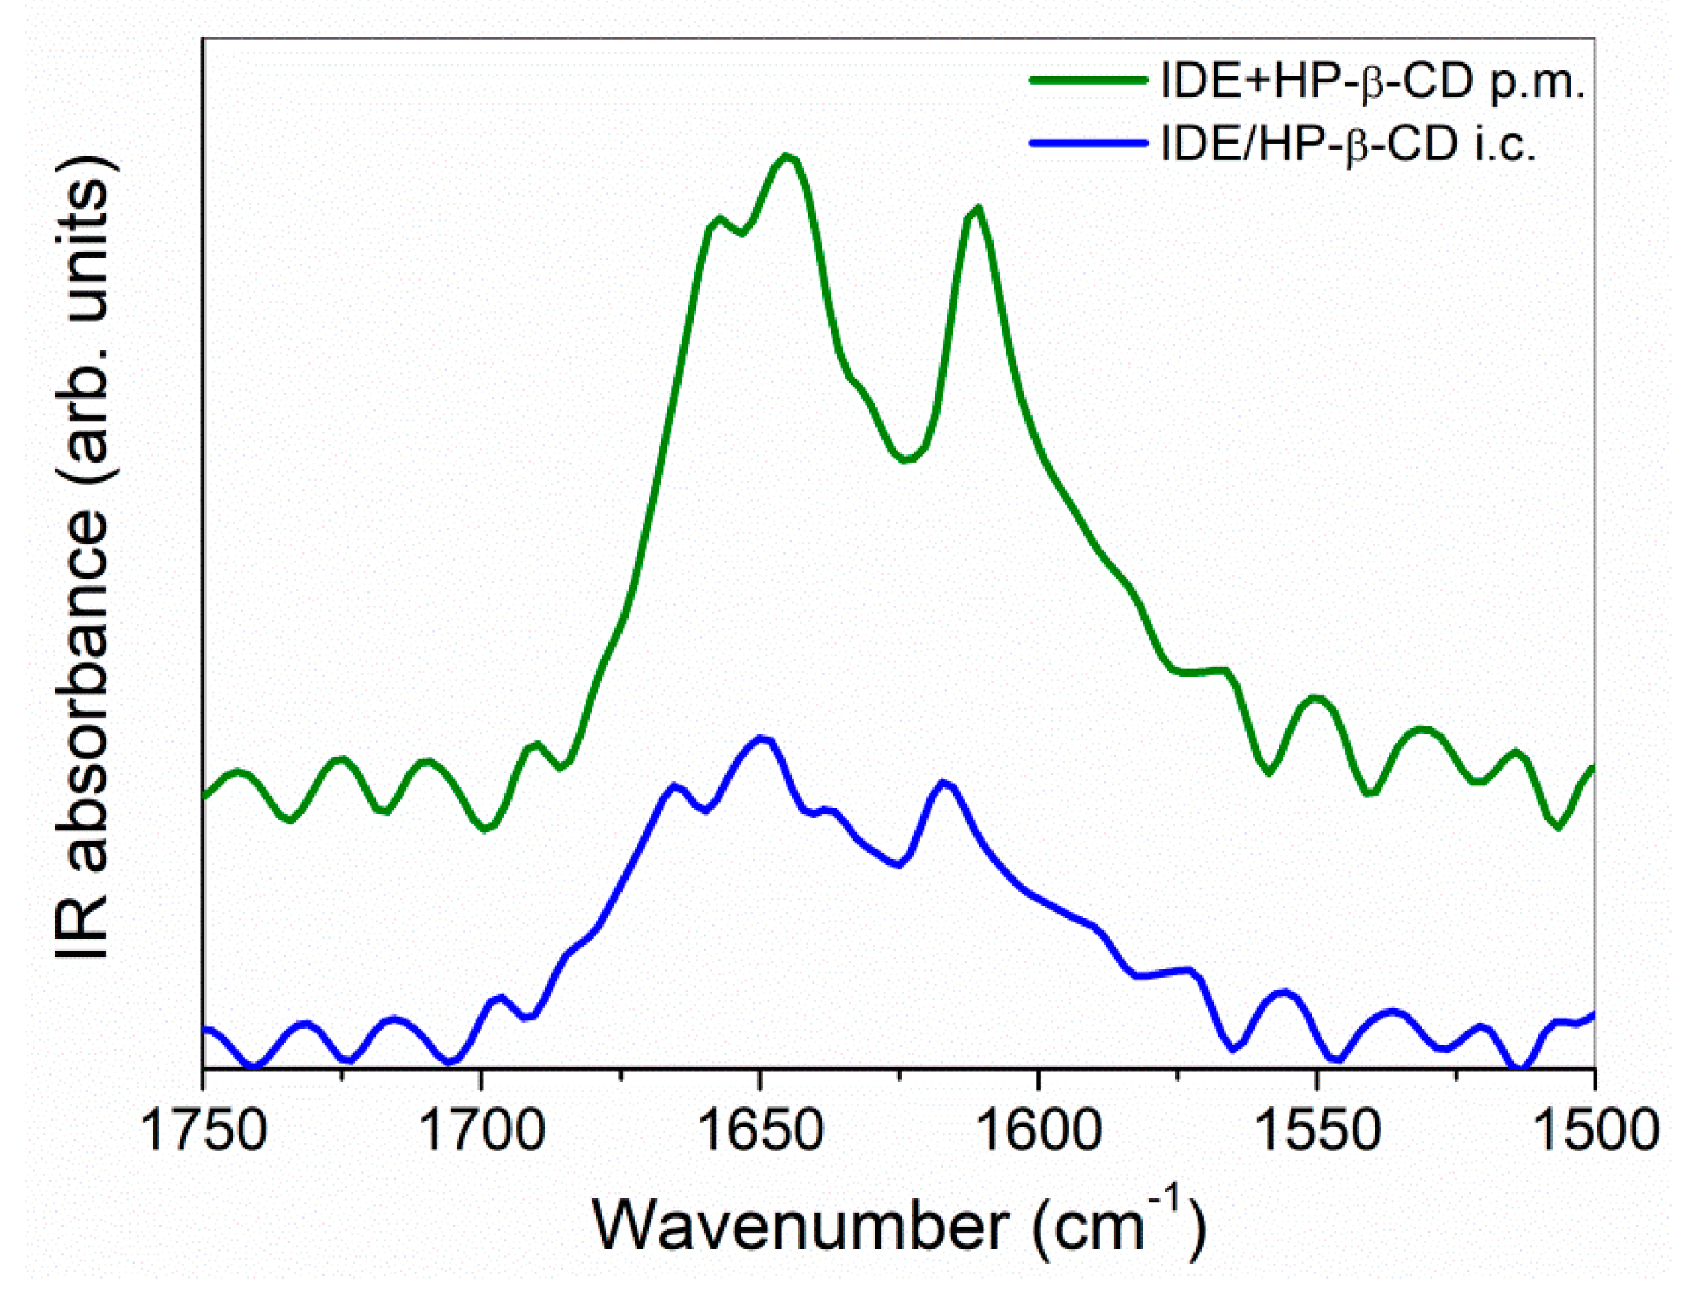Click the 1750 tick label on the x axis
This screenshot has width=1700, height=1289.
tap(204, 1131)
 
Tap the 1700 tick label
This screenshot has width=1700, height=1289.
tap(483, 1131)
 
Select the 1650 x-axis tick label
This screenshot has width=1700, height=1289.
tap(761, 1131)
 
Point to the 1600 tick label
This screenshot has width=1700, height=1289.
tap(1039, 1131)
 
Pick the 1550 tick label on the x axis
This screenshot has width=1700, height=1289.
tap(1317, 1131)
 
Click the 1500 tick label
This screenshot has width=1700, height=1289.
tap(1594, 1131)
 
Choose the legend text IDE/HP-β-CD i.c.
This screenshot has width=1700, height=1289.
tap(1348, 144)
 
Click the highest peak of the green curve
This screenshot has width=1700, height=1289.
tap(786, 156)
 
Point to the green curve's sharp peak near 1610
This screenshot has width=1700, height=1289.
tap(976, 208)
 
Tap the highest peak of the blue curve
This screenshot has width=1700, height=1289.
tap(762, 739)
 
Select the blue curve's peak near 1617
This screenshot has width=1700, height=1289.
tap(944, 783)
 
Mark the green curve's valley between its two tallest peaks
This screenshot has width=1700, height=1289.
tap(907, 460)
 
